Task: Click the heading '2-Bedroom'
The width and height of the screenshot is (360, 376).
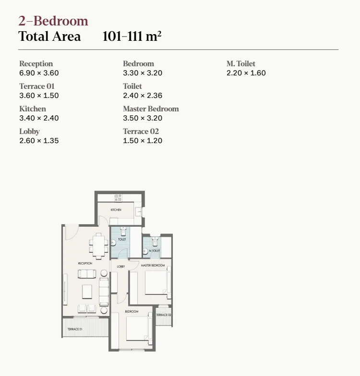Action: coord(53,21)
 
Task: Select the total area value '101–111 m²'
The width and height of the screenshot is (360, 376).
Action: coord(132,36)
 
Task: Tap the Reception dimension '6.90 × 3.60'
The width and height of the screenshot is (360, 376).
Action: coord(39,73)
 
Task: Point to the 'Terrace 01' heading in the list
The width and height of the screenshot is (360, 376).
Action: coord(37,86)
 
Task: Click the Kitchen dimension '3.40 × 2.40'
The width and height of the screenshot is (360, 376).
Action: coord(39,118)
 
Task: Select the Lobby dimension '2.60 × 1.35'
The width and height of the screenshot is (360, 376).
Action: coord(39,141)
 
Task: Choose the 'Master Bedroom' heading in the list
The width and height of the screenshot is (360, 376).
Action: coord(151,109)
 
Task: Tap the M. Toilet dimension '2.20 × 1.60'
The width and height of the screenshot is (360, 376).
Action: coord(246,73)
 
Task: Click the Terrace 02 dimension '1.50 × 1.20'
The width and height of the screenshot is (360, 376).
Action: coord(143,141)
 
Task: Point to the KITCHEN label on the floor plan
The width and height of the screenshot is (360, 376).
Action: coord(116,210)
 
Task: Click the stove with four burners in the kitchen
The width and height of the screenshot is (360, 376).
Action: coord(118,197)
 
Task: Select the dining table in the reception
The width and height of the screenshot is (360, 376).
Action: coord(99,245)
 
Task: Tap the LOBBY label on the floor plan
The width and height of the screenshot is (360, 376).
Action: coord(120,267)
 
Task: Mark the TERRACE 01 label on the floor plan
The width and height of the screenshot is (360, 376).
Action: coord(74,329)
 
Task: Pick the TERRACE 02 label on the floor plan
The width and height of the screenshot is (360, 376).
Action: coord(163,315)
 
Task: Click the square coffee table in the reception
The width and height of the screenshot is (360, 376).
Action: coord(87,291)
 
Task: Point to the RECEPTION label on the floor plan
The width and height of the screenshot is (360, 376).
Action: coord(85,264)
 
